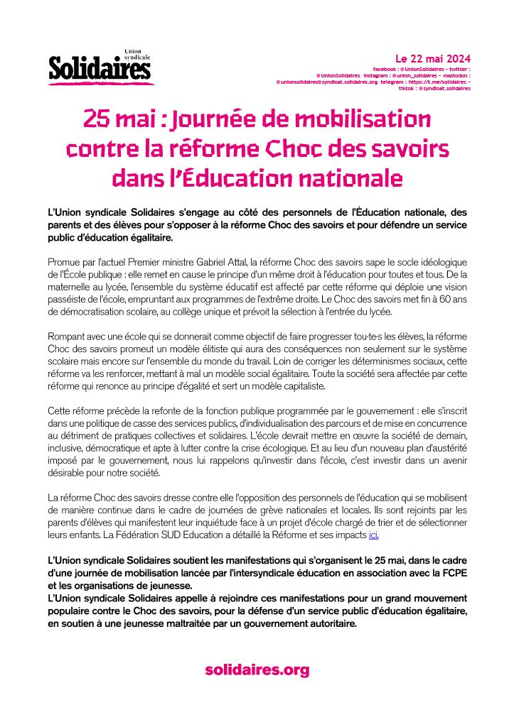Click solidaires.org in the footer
(257, 669)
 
